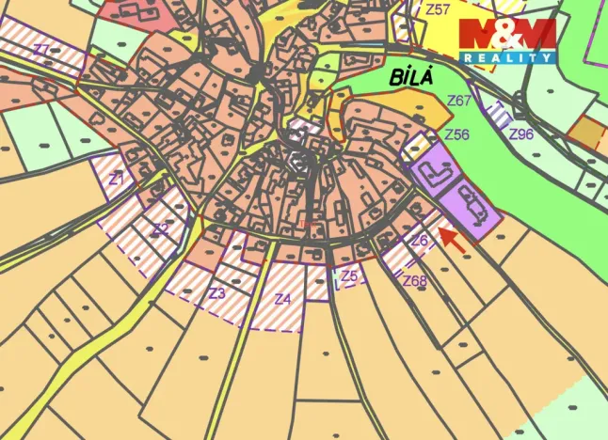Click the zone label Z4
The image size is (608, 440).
pos(282,300)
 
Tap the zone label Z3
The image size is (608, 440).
pos(217,293)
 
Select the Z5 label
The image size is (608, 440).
pos(349,275)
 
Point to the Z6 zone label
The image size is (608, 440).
pos(420,240)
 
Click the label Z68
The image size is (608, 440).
pos(414,280)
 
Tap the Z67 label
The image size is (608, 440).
pos(459,100)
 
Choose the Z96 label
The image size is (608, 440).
pos(520,134)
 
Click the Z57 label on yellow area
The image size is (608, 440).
pos(439,10)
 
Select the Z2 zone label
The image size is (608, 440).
pos(161,228)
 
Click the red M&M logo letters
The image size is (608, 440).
pos(506,35)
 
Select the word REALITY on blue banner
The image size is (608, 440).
pos(507,58)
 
